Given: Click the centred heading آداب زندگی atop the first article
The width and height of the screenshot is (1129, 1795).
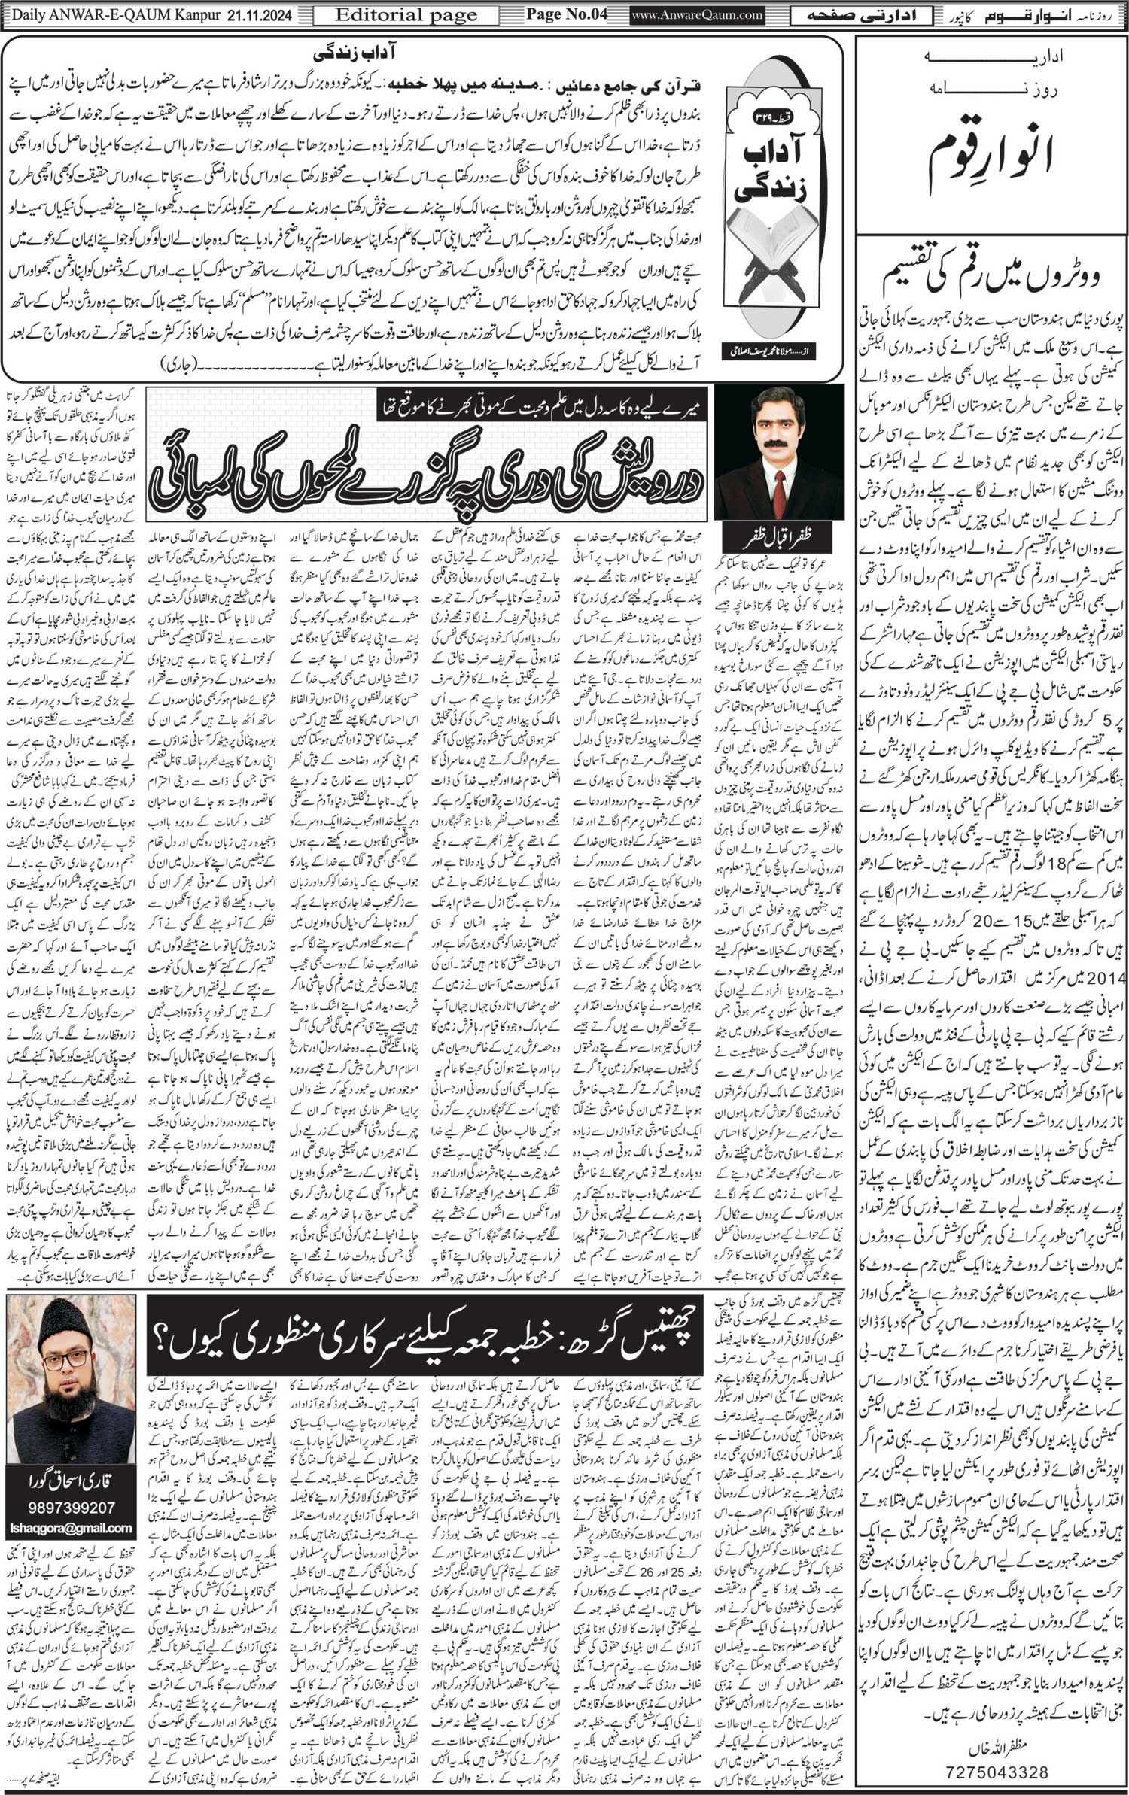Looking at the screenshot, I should [428, 55].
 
